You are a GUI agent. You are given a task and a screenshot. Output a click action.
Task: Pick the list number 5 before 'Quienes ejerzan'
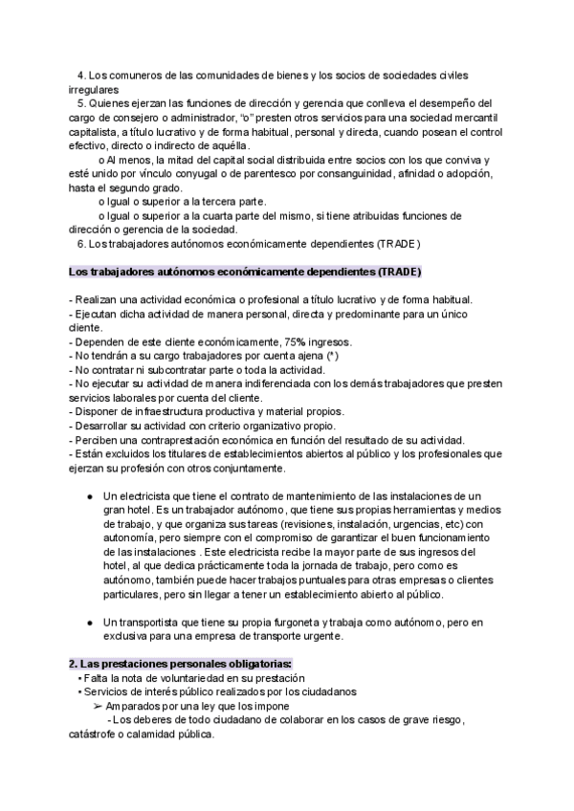click(81, 103)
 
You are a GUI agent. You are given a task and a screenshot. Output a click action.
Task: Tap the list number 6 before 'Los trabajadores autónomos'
click(81, 243)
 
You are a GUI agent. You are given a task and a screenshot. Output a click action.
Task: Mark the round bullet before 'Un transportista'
click(89, 623)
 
